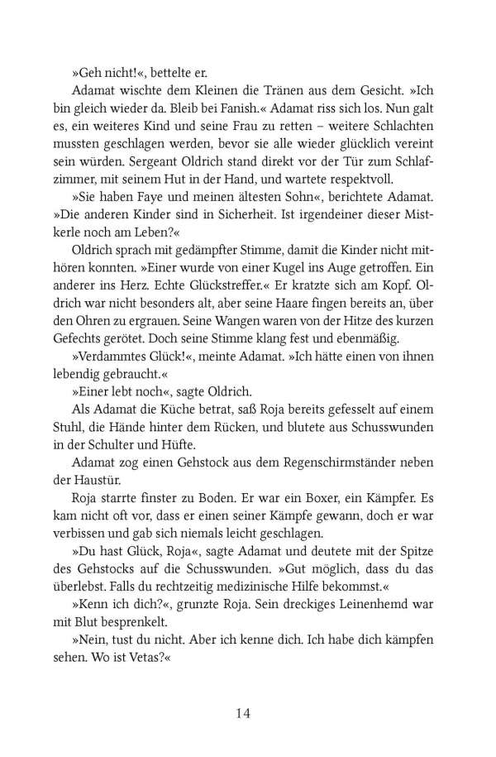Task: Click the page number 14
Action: (247, 712)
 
